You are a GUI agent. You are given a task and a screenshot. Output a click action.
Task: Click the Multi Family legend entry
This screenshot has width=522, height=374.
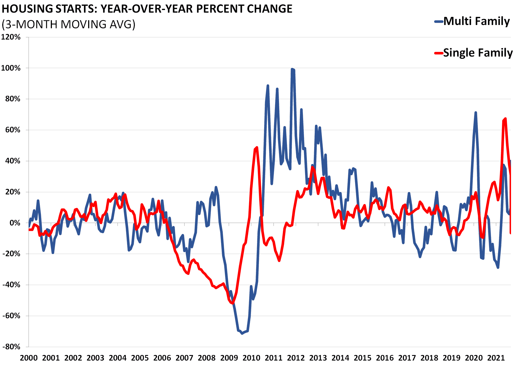pyautogui.click(x=476, y=21)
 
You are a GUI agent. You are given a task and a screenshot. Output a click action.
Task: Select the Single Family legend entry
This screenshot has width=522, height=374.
pyautogui.click(x=478, y=53)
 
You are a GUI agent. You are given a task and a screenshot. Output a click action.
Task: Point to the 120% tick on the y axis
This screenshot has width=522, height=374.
pyautogui.click(x=11, y=37)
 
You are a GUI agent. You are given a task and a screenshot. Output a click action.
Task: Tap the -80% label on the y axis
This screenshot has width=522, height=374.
pyautogui.click(x=11, y=347)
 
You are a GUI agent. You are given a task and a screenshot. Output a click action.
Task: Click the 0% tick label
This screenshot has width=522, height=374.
pyautogui.click(x=15, y=223)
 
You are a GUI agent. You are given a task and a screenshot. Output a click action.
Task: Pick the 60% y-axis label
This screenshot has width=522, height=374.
pyautogui.click(x=13, y=130)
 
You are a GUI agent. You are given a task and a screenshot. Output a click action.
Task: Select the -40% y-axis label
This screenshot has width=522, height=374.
pyautogui.click(x=11, y=285)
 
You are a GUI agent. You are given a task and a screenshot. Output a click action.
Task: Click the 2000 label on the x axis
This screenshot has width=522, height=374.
pyautogui.click(x=29, y=358)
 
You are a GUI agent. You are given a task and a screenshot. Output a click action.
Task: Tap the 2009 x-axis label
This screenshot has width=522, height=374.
pyautogui.click(x=229, y=358)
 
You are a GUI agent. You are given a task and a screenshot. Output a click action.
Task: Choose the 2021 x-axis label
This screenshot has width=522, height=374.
pyautogui.click(x=496, y=358)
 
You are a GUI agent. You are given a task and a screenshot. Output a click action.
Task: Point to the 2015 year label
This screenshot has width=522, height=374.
pyautogui.click(x=362, y=358)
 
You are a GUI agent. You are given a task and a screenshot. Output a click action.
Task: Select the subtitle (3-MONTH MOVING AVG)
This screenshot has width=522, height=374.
pyautogui.click(x=68, y=24)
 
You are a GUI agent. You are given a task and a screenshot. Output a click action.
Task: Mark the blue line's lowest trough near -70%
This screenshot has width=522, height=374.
pyautogui.click(x=242, y=333)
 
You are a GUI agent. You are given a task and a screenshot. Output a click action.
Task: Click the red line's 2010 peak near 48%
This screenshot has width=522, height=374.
pyautogui.click(x=257, y=147)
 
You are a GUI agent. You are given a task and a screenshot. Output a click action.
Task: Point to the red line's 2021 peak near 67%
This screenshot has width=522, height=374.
pyautogui.click(x=505, y=119)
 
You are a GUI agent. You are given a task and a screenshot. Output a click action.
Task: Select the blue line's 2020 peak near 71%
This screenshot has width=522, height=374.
pyautogui.click(x=476, y=112)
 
